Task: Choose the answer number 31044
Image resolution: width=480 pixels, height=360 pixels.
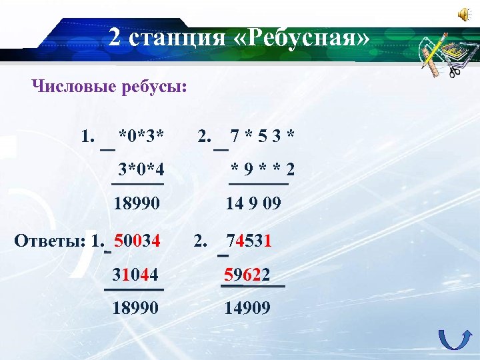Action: (x=135, y=274)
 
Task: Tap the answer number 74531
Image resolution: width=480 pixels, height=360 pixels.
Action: (x=248, y=240)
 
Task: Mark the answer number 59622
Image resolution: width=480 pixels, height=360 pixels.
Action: (x=247, y=274)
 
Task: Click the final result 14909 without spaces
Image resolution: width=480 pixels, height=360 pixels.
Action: (x=247, y=307)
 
